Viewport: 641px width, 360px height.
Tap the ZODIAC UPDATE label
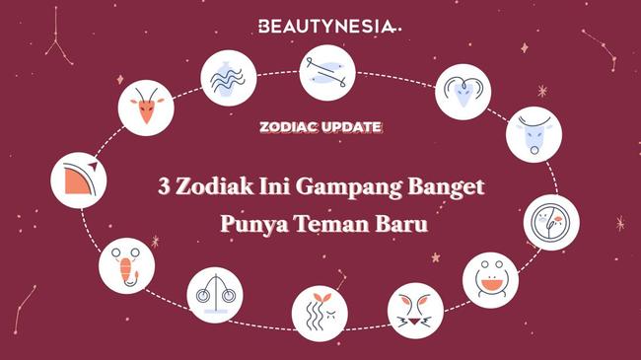click(320, 127)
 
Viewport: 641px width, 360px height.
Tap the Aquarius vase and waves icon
click(230, 76)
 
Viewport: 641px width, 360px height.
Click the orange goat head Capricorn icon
click(148, 107)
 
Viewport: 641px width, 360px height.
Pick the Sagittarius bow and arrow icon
click(80, 178)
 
